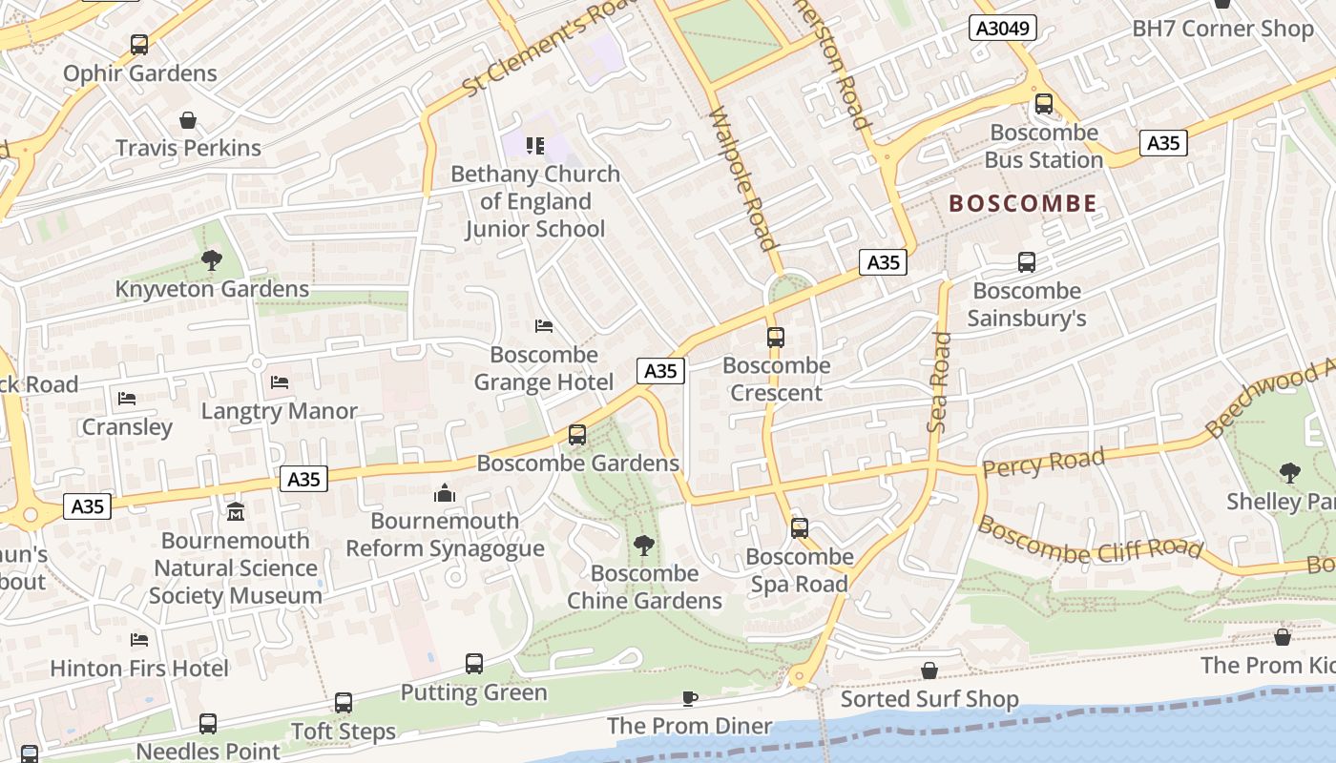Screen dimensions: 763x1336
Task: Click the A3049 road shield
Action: coord(1004,28)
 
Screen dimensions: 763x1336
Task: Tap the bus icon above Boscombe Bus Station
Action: coord(1043,104)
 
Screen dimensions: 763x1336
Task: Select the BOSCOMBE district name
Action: coord(1023,203)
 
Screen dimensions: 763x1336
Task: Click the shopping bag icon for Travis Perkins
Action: coord(188,120)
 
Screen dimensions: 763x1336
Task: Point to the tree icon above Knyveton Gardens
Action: coord(211,259)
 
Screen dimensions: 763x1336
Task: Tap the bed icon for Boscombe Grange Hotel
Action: coord(544,326)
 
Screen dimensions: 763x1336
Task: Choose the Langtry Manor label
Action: coord(279,411)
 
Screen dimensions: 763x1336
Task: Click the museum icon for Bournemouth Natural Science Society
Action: coord(236,512)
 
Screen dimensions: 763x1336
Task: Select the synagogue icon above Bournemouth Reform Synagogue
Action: coord(445,493)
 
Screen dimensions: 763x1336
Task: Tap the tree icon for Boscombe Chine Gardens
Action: coord(644,545)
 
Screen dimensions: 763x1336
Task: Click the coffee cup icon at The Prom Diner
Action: coord(690,699)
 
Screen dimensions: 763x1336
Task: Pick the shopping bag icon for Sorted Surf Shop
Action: coord(929,671)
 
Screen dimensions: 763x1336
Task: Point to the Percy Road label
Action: coord(1043,463)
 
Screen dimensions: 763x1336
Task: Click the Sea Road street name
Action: coord(940,381)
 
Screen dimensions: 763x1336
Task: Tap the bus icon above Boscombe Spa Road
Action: coord(799,527)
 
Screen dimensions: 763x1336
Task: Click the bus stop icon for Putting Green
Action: coord(473,664)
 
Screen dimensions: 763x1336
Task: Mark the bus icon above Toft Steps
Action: coord(343,703)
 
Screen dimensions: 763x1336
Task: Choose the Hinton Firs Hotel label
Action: coord(139,668)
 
